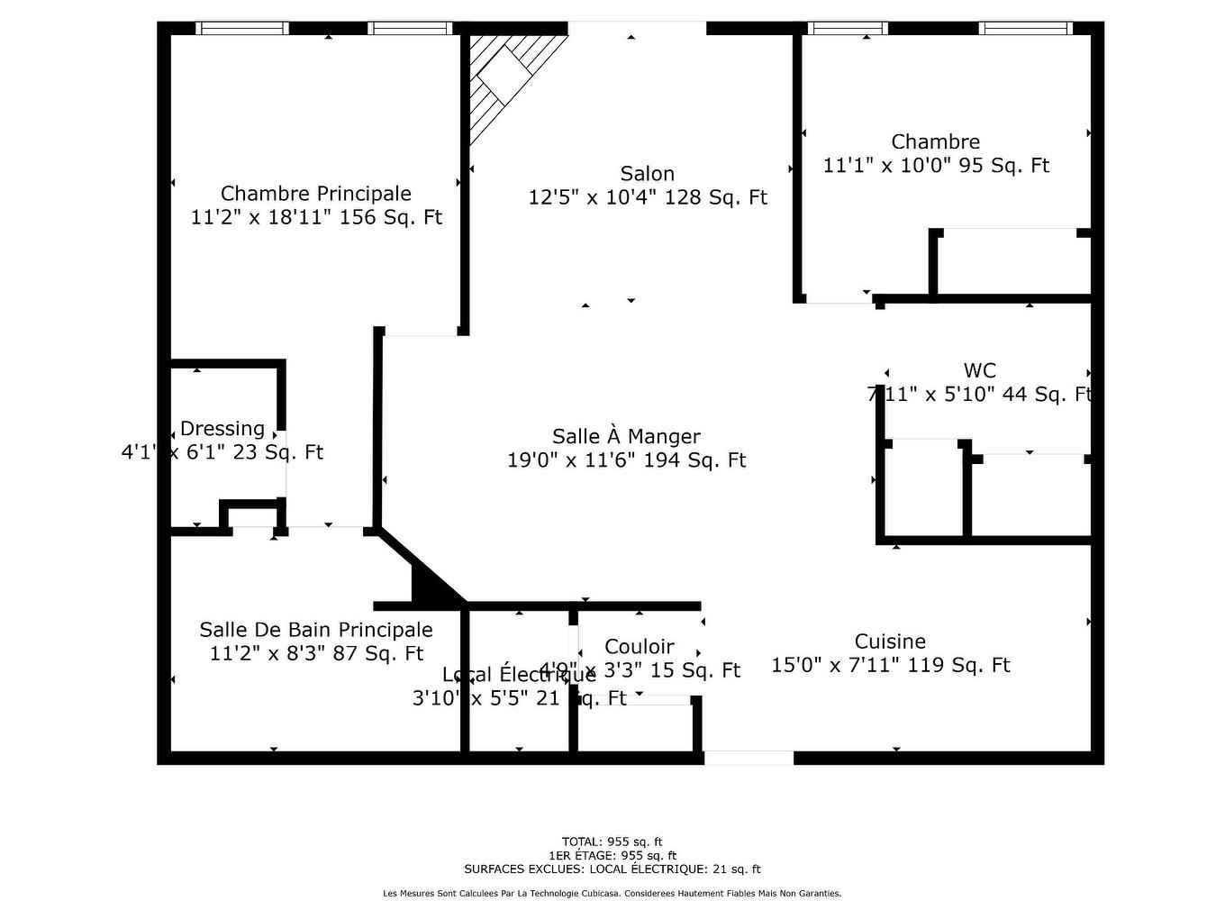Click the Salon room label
click(647, 174)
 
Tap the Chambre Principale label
click(316, 194)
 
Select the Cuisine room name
click(890, 641)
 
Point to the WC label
click(979, 370)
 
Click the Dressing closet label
click(222, 429)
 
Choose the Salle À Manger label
click(626, 437)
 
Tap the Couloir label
click(640, 647)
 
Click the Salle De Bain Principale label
click(316, 630)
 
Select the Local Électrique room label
click(518, 675)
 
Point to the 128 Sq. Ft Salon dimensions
click(647, 197)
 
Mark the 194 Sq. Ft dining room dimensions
click(626, 460)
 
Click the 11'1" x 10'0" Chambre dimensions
click(936, 166)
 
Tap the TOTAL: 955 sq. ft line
click(612, 842)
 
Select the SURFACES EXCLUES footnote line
click(612, 869)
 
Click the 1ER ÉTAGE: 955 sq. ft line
click(612, 856)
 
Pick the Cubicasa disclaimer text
click(612, 894)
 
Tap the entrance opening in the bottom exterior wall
click(749, 758)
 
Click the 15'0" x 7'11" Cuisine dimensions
click(890, 666)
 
